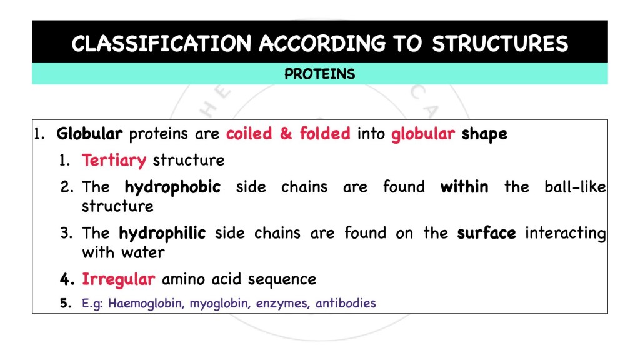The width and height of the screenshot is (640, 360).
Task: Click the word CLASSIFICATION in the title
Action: [x=162, y=44]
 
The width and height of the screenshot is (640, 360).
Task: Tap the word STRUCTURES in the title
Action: [x=500, y=44]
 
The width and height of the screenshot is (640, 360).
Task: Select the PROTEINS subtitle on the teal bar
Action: [x=319, y=74]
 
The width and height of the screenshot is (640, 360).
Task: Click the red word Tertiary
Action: [x=114, y=161]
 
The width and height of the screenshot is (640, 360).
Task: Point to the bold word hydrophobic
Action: [x=172, y=187]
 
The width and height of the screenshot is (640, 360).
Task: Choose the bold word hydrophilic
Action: [x=162, y=234]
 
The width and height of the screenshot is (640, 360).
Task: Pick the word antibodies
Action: [x=346, y=304]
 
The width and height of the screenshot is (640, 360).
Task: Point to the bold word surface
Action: [x=486, y=234]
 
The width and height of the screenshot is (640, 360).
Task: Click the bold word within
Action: [x=464, y=187]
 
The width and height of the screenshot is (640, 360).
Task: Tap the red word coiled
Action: [x=249, y=134]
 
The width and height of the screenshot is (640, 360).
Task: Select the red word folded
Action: [x=324, y=134]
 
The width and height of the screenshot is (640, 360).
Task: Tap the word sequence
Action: [x=285, y=279]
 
